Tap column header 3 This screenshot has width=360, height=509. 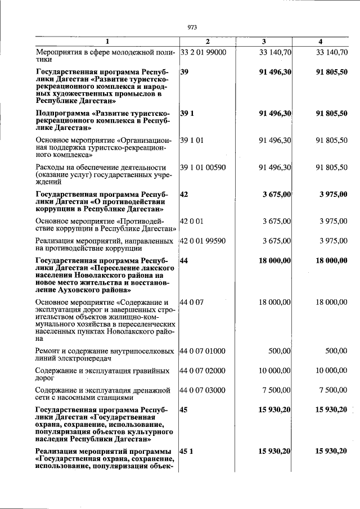coord(264,42)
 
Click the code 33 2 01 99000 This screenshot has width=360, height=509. coord(203,52)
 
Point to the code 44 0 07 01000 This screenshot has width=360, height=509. coord(203,351)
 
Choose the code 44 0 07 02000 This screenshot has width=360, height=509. coord(203,371)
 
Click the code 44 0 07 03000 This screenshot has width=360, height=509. coord(203,390)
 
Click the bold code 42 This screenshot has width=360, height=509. coord(184,195)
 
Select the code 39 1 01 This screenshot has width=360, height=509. coord(191,139)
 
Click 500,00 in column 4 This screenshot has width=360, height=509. coord(336,351)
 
